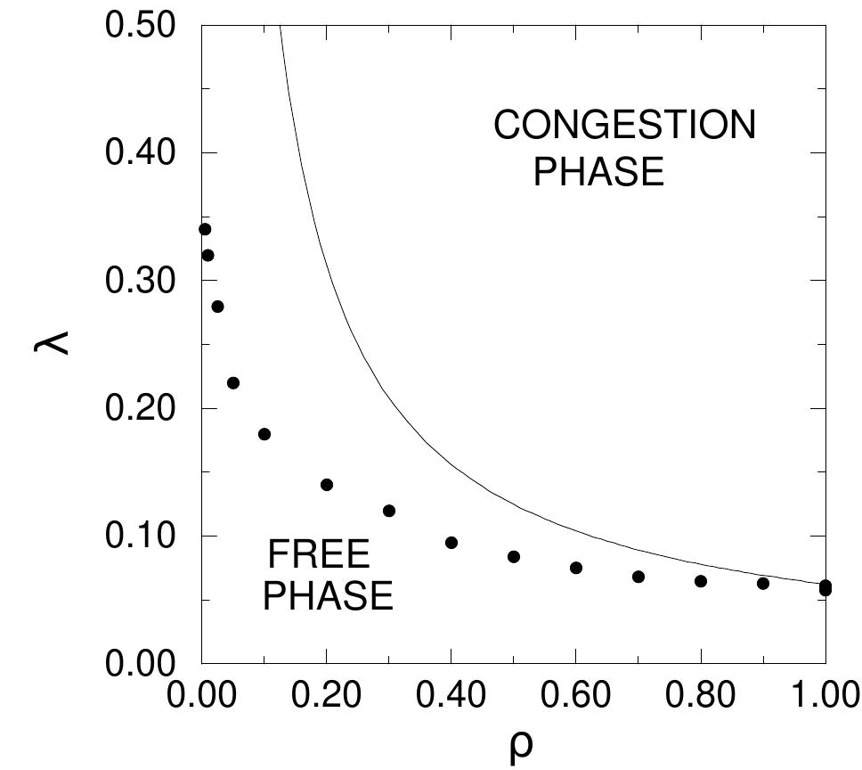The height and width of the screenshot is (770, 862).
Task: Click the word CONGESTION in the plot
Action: coord(624,126)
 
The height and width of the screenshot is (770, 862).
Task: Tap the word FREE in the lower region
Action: coord(318,556)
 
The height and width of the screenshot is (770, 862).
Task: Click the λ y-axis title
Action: coord(46,343)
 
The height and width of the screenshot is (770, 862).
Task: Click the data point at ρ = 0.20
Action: coord(327,485)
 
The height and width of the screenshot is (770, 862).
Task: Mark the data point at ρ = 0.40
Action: coord(451,543)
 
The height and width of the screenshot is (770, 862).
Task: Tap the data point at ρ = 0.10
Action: coord(264,434)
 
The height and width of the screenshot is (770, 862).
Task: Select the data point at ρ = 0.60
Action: coord(576,568)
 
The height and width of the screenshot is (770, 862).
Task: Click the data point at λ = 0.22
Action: coord(233,383)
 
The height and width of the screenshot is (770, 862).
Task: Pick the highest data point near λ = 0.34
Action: coord(205,229)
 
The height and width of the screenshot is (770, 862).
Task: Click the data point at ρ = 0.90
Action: coord(763,583)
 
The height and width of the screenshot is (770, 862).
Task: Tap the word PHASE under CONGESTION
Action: coord(598,171)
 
